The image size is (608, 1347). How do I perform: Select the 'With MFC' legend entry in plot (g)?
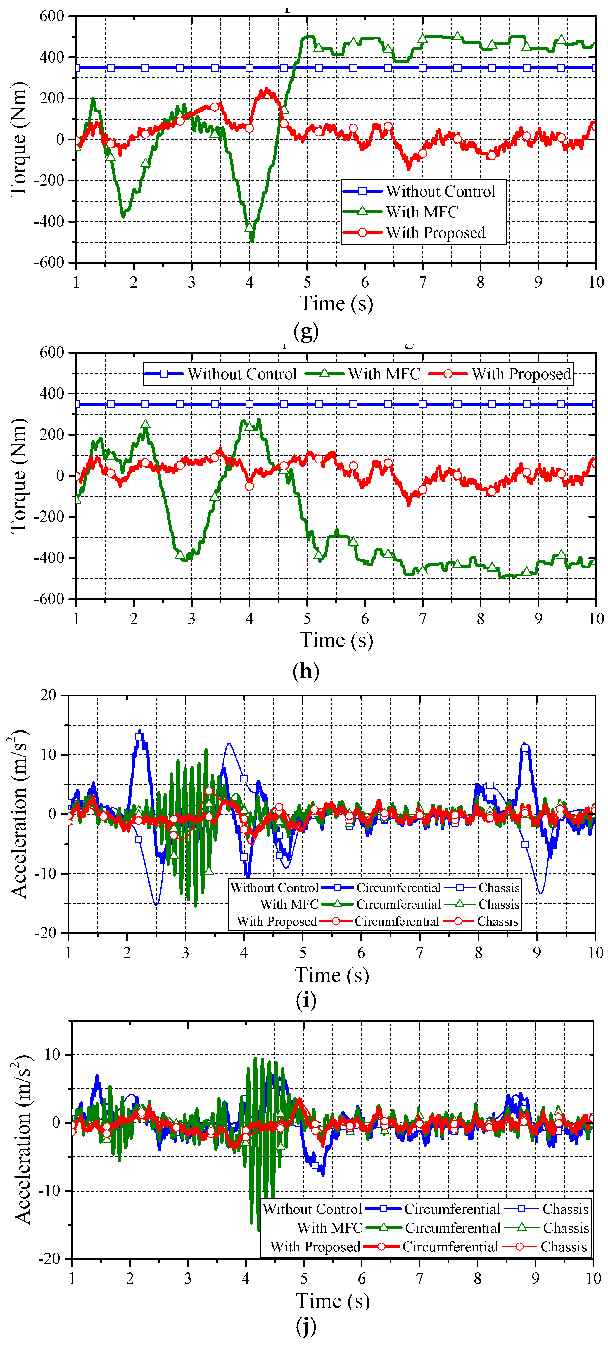(x=422, y=212)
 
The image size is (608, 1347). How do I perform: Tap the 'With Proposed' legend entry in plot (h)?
(x=521, y=374)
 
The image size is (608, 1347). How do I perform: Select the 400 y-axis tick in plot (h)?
(x=51, y=393)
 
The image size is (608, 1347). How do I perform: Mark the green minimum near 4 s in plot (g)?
(x=252, y=240)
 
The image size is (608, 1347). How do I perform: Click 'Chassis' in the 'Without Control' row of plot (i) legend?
(x=499, y=888)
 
